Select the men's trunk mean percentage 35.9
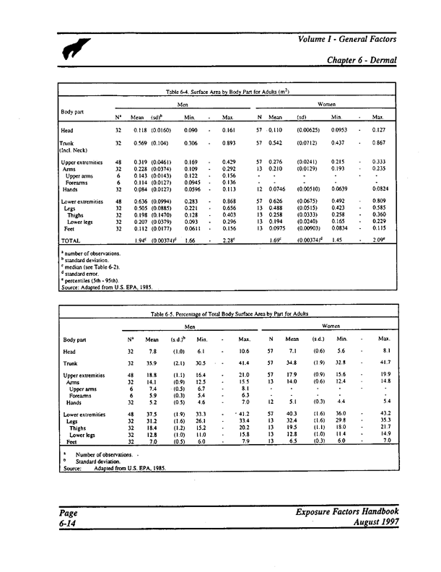(x=152, y=363)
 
